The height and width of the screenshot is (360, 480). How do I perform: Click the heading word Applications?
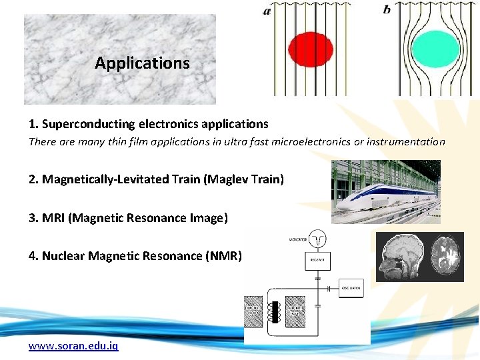pos(142,63)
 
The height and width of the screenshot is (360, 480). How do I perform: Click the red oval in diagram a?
pos(310,48)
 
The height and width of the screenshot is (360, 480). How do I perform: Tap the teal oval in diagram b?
pos(435,47)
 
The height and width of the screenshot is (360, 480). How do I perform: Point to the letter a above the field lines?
pos(267,11)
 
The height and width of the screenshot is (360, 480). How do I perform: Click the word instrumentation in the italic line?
pos(407,142)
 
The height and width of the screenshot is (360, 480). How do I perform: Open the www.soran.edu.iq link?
pos(73,347)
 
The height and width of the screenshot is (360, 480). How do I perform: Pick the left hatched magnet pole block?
pos(255,312)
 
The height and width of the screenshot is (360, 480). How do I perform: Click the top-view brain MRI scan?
pos(445,257)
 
